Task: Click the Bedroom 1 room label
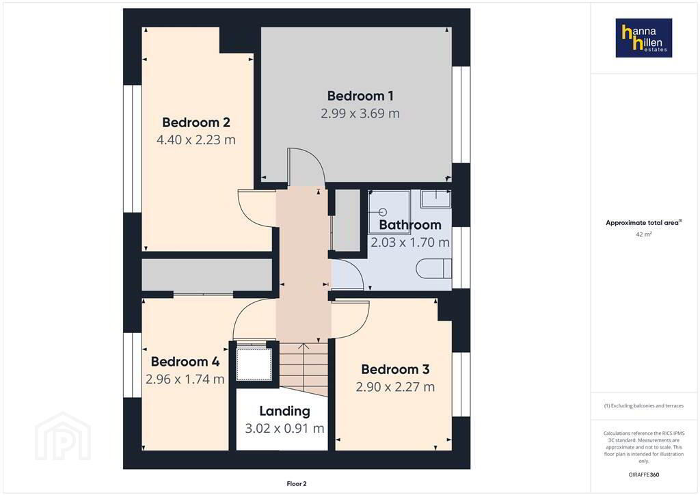pos(360,96)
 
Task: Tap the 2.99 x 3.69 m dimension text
pos(360,113)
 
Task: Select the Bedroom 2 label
pos(196,122)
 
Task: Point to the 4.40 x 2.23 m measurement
pos(196,139)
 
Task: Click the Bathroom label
pos(410,224)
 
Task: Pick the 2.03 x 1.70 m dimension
pos(410,242)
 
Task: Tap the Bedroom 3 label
pos(395,370)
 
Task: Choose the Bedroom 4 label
pos(185,362)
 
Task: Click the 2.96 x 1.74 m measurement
pos(185,379)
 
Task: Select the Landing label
pos(284,411)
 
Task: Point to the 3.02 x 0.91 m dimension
pos(284,429)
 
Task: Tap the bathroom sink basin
pos(435,199)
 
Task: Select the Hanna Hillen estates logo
pos(644,38)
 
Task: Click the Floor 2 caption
pos(297,484)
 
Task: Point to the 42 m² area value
pos(644,234)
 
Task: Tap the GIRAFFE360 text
pos(644,474)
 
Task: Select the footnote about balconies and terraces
pos(644,405)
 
